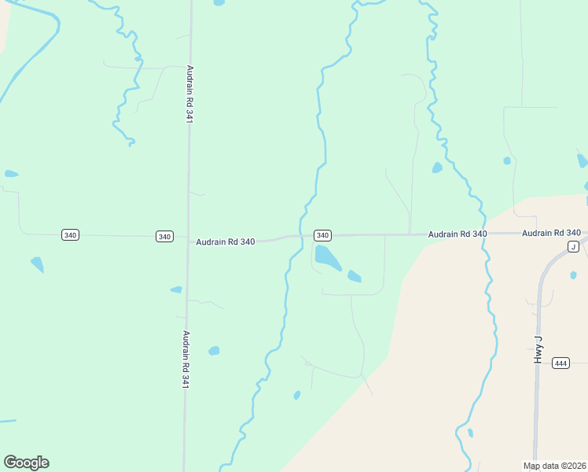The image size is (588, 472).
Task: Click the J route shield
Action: click(573, 247)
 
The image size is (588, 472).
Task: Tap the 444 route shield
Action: click(560, 363)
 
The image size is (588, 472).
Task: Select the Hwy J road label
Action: click(538, 348)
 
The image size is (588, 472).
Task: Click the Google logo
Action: click(26, 463)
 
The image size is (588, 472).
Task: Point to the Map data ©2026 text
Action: click(555, 466)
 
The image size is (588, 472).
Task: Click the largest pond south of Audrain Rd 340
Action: click(327, 256)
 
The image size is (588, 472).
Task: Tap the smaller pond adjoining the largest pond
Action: click(355, 276)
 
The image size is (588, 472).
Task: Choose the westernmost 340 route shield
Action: click(70, 235)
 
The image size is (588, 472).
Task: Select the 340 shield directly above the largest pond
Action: click(322, 235)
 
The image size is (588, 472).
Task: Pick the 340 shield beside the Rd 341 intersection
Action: click(164, 236)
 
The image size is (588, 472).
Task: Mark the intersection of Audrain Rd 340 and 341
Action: click(188, 237)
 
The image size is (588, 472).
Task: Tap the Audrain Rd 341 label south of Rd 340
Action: click(186, 360)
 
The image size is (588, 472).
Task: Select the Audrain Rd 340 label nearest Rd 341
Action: click(226, 242)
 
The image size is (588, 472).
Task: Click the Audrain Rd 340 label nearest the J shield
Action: click(551, 233)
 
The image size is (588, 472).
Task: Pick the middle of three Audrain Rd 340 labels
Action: click(458, 234)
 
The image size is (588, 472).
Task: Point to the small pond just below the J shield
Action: click(573, 275)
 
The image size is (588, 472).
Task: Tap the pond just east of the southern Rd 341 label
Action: click(214, 351)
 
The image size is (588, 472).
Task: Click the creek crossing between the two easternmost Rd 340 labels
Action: click(483, 234)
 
